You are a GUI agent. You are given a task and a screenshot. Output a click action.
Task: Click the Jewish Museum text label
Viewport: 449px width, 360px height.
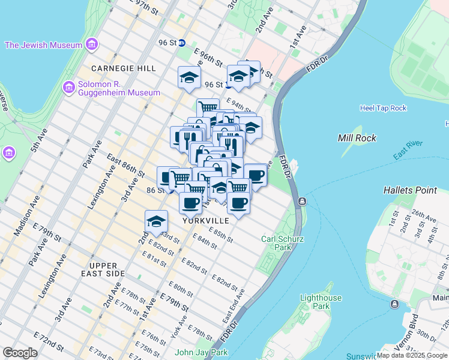click(43, 45)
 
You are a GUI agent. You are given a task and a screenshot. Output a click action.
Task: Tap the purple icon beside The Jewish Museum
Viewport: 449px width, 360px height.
click(91, 44)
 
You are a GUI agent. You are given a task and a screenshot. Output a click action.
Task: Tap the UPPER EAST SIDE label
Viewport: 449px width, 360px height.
click(107, 269)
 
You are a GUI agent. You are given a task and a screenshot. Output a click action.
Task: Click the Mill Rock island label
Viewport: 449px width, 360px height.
click(357, 138)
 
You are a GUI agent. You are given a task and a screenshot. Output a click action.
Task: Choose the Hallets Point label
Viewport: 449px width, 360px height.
click(410, 190)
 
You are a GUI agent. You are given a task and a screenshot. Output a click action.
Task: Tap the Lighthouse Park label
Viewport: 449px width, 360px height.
click(321, 302)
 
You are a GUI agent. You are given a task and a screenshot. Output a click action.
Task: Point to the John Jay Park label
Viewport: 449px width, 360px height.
click(202, 353)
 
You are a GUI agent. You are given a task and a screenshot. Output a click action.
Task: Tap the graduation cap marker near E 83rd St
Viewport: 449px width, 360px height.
click(156, 221)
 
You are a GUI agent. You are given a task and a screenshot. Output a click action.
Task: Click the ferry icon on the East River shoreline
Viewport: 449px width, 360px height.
click(302, 201)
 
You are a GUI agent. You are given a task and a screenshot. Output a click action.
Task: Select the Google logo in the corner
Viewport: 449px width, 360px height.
click(20, 353)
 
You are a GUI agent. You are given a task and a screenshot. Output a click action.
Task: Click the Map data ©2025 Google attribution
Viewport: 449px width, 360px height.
click(412, 355)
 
